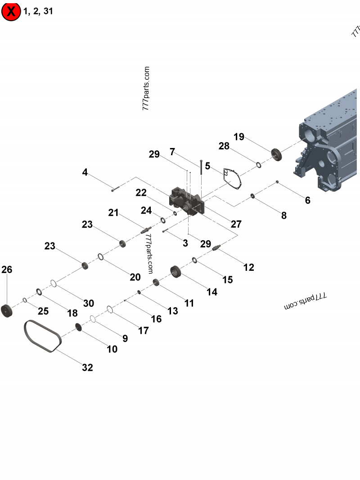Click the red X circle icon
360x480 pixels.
(11, 12)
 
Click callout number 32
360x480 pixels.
(87, 368)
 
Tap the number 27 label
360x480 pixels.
(236, 224)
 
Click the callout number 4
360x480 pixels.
(85, 172)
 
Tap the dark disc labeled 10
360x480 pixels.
(77, 328)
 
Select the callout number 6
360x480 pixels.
(307, 200)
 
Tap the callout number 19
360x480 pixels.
(239, 137)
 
